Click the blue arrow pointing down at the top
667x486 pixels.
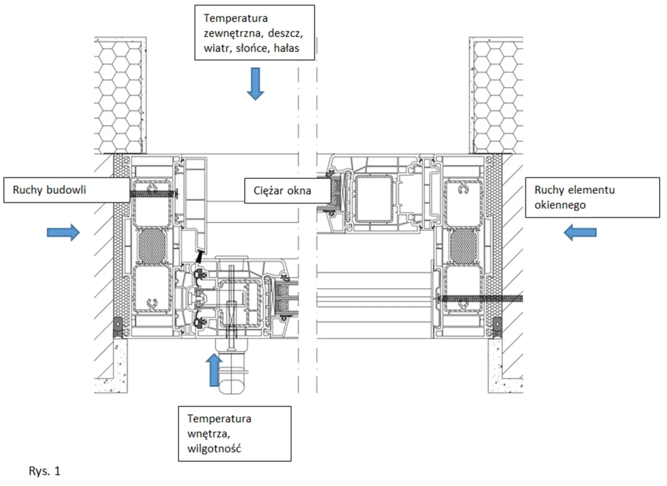(x=255, y=83)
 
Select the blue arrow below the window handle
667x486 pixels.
(x=213, y=370)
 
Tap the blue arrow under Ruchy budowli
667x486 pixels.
(x=63, y=232)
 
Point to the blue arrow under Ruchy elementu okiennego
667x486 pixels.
(x=580, y=232)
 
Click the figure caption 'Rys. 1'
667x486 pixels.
(x=44, y=472)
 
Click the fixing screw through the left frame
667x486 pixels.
(x=154, y=194)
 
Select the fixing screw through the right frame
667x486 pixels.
(x=479, y=298)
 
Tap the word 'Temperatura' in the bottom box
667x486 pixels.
(x=219, y=418)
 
